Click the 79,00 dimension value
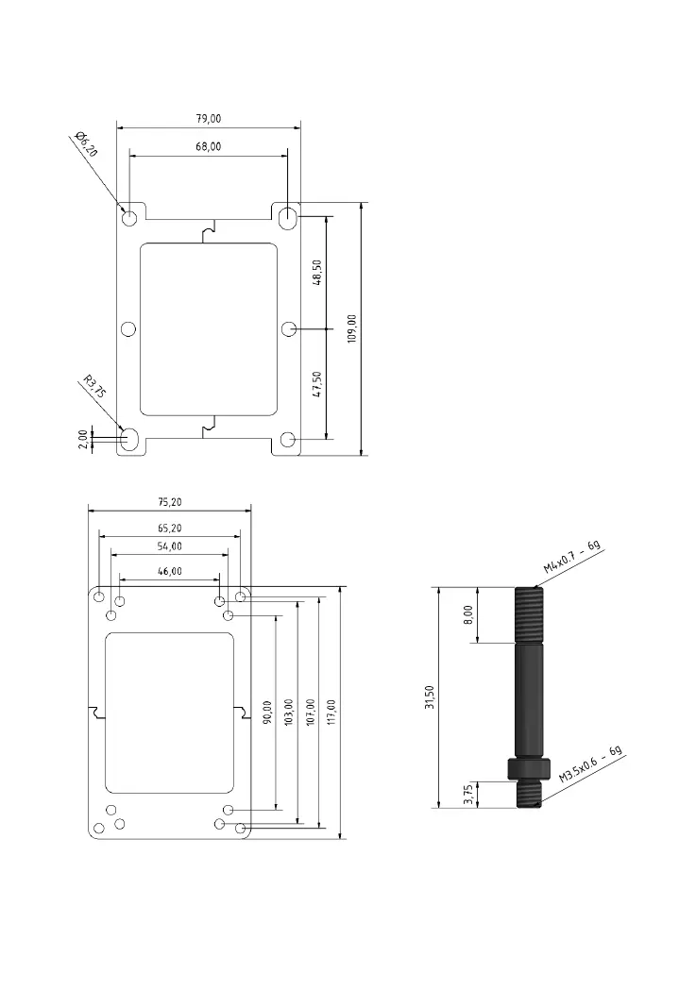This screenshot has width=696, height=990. click(x=208, y=119)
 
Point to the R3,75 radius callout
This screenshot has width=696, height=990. click(x=93, y=389)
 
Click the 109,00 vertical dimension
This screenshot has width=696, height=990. click(x=352, y=327)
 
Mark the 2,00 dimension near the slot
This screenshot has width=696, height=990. click(x=83, y=439)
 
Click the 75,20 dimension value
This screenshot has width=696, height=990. click(x=169, y=502)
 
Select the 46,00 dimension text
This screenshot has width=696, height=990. click(x=169, y=571)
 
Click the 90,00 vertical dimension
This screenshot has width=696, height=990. click(x=267, y=713)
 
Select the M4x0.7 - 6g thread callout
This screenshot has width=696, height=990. click(x=572, y=557)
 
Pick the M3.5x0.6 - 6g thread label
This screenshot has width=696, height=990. click(x=591, y=764)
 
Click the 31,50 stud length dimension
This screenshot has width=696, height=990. click(x=430, y=697)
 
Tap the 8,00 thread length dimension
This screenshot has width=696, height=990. click(x=468, y=615)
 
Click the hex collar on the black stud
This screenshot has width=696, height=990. click(x=530, y=770)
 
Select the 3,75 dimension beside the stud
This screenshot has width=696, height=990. click(x=468, y=795)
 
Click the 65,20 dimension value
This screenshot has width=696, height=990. click(x=169, y=526)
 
